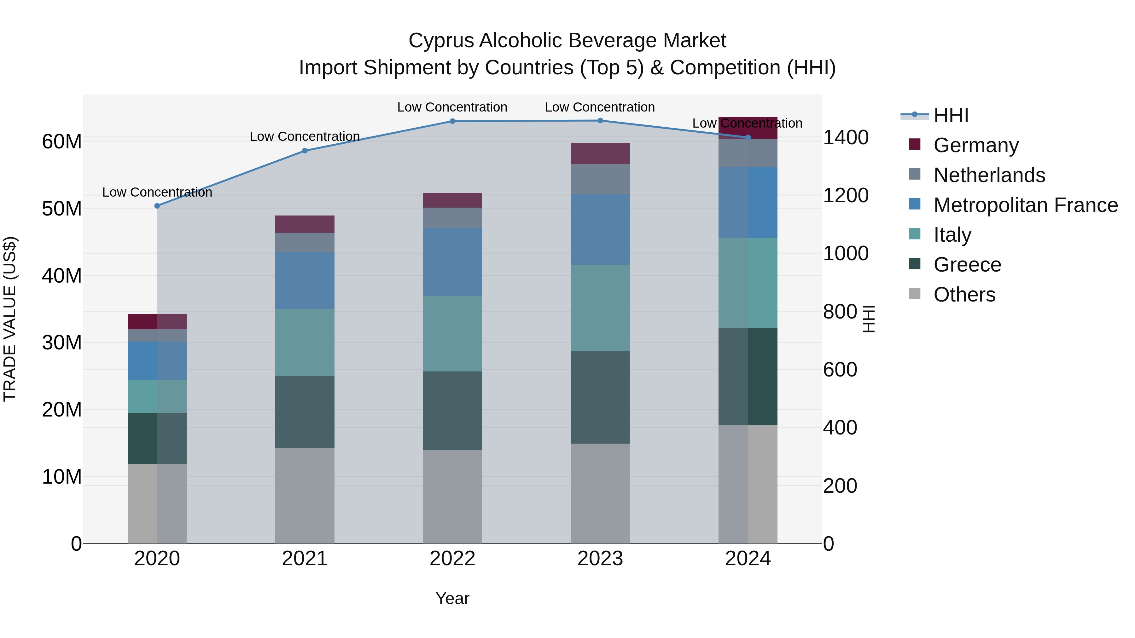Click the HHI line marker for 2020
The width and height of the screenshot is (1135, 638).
pyautogui.click(x=157, y=206)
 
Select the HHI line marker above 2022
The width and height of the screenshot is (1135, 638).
pyautogui.click(x=452, y=121)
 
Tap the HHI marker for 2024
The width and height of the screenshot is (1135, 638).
pyautogui.click(x=748, y=137)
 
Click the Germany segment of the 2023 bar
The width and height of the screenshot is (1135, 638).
pyautogui.click(x=600, y=154)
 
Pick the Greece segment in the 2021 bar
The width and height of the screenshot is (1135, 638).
pyautogui.click(x=305, y=412)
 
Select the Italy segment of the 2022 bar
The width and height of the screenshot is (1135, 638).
pyautogui.click(x=452, y=334)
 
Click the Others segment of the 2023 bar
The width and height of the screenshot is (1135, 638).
pyautogui.click(x=600, y=493)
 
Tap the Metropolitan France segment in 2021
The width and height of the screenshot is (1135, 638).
pyautogui.click(x=305, y=280)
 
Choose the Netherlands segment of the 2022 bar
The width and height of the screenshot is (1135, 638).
pyautogui.click(x=452, y=217)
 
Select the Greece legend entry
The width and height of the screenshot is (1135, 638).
pyautogui.click(x=967, y=265)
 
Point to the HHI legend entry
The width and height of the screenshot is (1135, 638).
pyautogui.click(x=951, y=115)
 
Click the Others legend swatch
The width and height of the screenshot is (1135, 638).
pyautogui.click(x=915, y=294)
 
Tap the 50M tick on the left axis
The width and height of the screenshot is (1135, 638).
pyautogui.click(x=62, y=209)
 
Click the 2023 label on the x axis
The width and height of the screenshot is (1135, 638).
pyautogui.click(x=600, y=559)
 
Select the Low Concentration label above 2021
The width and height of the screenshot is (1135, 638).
pyautogui.click(x=305, y=136)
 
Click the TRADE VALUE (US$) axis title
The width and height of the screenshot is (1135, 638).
pyautogui.click(x=10, y=319)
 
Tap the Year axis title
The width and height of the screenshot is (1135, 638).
pyautogui.click(x=452, y=598)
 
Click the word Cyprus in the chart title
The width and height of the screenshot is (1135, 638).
pyautogui.click(x=441, y=41)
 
